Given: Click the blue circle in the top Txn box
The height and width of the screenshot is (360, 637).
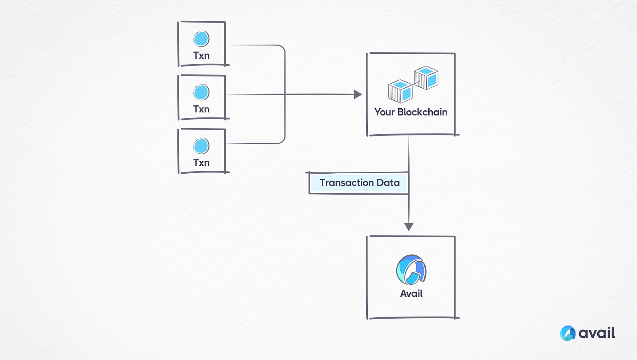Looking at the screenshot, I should [201, 39].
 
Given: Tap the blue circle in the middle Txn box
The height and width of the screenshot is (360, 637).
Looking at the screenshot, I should [201, 92].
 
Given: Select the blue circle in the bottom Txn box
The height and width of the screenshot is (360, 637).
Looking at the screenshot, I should [201, 146].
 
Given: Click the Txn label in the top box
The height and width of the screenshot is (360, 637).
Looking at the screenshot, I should [201, 56].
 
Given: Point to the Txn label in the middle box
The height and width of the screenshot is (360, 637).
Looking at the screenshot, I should [201, 109].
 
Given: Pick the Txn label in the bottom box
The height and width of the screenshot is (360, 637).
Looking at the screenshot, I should [201, 163].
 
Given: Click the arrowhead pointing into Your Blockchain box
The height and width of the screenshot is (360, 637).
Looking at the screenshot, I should [358, 94].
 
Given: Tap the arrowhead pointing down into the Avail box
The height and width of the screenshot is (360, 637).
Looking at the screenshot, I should [409, 227].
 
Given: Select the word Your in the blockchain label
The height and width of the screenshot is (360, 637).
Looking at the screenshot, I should [384, 112].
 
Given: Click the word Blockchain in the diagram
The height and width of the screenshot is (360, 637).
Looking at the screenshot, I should [422, 112].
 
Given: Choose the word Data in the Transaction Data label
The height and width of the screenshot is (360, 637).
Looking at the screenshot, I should [388, 183].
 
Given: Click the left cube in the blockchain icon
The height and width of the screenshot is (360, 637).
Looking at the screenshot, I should [401, 91].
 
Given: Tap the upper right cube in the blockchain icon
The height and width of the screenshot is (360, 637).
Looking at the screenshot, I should [426, 78].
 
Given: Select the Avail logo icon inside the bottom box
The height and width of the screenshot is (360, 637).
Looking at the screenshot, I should [411, 270].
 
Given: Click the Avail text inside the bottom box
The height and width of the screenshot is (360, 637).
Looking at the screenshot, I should [411, 294].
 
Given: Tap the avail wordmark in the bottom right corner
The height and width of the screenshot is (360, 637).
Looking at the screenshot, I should [597, 333].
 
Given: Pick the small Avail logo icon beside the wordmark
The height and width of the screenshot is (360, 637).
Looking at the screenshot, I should [568, 333].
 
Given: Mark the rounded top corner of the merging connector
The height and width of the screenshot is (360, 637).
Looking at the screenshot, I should [282, 48].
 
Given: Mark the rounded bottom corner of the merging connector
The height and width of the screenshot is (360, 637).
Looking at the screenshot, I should [282, 141].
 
